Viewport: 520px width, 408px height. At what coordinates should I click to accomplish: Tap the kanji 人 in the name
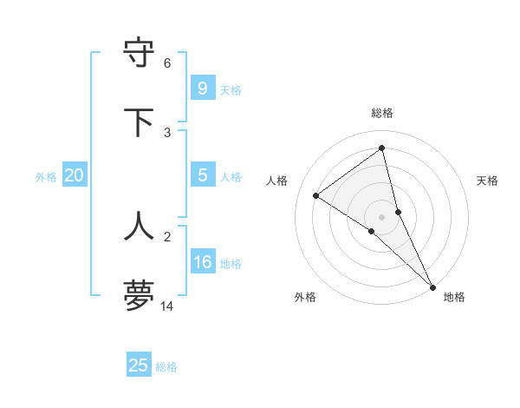point(140,226)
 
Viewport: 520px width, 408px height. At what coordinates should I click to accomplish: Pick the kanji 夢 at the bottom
point(140,295)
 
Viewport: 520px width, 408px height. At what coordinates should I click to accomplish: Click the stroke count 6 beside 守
point(167,63)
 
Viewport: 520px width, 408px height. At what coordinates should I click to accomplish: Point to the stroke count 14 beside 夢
point(167,306)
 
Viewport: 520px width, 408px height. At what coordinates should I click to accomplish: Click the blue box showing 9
point(202,89)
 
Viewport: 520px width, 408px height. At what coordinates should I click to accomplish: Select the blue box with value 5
point(202,175)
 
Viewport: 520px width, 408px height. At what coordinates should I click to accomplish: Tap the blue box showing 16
point(202,262)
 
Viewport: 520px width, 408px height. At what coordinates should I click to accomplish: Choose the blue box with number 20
point(75,175)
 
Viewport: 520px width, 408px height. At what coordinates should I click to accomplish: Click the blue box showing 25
point(139,365)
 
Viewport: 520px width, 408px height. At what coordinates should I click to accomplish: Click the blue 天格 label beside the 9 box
point(231,90)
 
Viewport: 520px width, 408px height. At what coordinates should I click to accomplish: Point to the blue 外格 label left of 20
point(46,177)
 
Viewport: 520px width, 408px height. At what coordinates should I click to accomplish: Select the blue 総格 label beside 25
point(166,367)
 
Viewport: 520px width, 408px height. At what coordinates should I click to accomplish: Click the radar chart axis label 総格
point(382,113)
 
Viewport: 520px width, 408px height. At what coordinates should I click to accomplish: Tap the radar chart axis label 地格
point(454,297)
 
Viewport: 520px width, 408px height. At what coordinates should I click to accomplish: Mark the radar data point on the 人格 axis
point(316,195)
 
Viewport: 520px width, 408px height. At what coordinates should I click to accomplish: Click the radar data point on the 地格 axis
point(432,286)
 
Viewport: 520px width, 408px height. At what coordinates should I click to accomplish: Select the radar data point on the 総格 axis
point(382,148)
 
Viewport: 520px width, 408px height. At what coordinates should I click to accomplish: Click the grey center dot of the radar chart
point(382,215)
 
